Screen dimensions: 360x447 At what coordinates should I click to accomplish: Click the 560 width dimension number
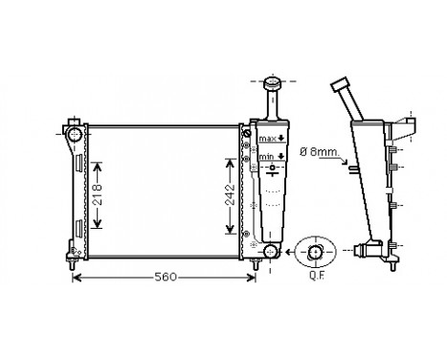(166, 278)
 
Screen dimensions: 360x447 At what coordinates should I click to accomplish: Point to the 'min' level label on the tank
(266, 156)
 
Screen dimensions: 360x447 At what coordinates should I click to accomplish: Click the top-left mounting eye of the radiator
(73, 129)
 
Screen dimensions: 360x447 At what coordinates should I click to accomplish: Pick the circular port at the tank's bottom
(271, 252)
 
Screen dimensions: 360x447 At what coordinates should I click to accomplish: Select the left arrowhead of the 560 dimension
(78, 279)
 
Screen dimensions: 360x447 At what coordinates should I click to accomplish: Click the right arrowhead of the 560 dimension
(253, 279)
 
